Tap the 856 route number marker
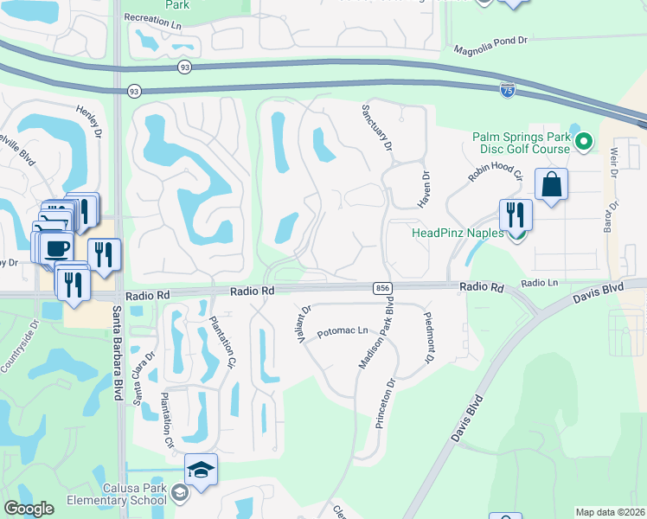coord(381,287)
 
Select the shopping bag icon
coord(550,185)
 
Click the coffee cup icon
coord(57,248)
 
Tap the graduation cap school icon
coord(201,470)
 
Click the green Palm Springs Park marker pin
coord(585,141)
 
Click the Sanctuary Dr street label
coord(376,126)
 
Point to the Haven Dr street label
coord(425,188)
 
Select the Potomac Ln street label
coord(343,331)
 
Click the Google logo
coord(29,509)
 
